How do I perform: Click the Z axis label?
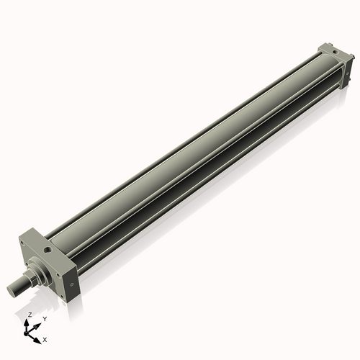[30, 315]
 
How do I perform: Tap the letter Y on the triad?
[45, 318]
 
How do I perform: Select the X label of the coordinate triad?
[45, 338]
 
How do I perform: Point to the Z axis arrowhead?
[30, 322]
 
